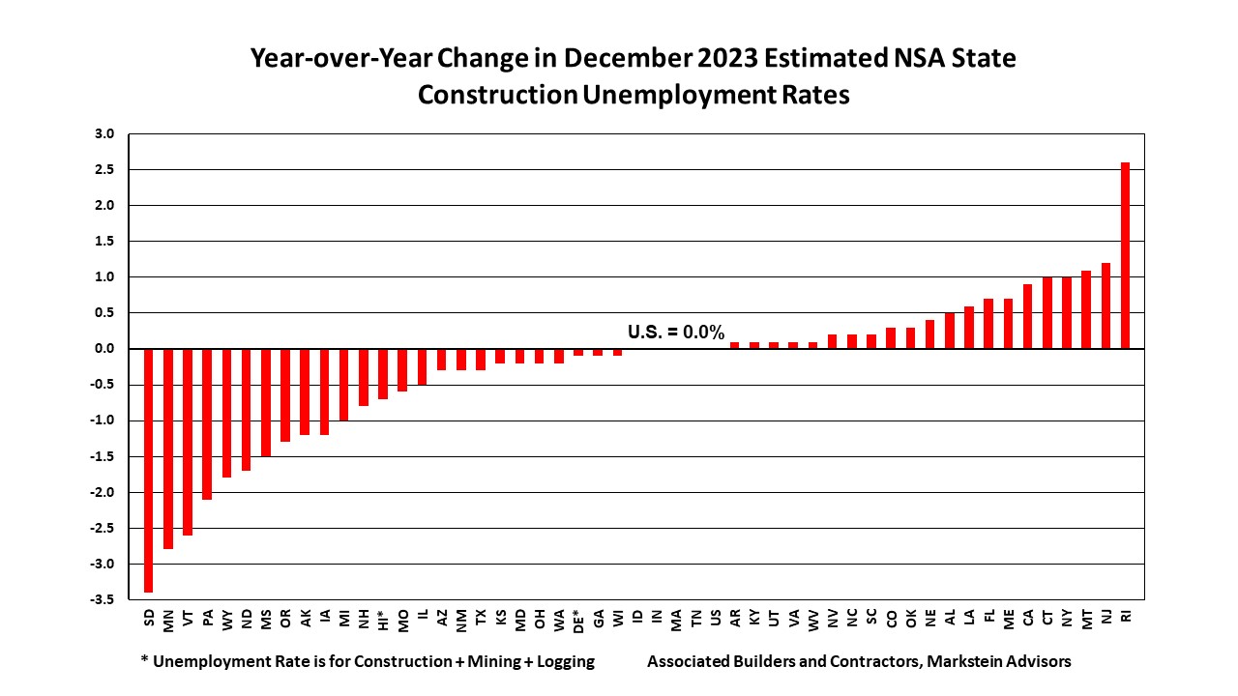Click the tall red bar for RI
(1125, 255)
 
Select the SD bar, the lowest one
(149, 470)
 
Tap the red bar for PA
(208, 423)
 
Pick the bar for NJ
(1105, 305)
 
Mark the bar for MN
(168, 449)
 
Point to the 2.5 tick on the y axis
(105, 169)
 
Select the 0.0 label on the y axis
(105, 349)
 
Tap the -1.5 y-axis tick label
(103, 456)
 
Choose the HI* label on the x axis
(384, 620)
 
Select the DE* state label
(578, 620)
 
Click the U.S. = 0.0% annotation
(676, 332)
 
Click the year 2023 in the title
(728, 58)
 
